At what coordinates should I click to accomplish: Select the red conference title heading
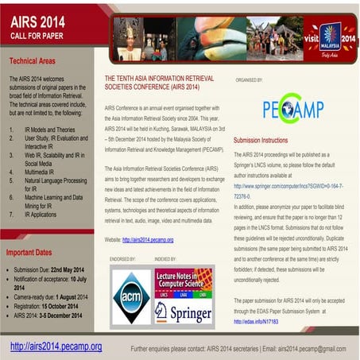point(156,85)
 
